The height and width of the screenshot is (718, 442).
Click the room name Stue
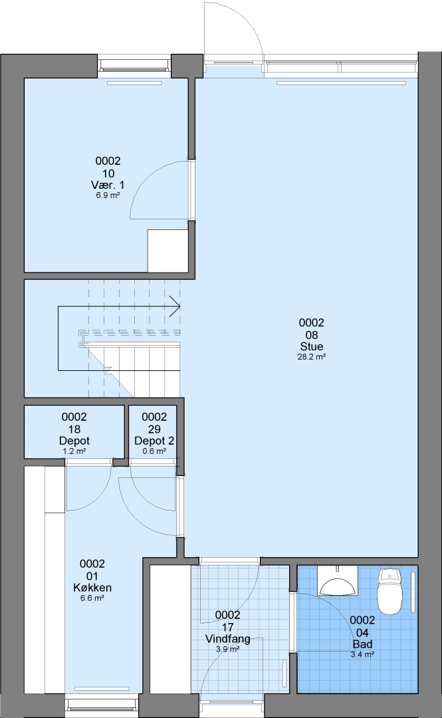pos(312,346)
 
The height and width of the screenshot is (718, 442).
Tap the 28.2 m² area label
pos(312,357)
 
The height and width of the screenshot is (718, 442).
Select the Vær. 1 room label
pos(108,185)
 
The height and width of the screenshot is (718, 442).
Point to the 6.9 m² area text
pos(108,195)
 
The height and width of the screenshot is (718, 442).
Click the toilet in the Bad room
pos(389,591)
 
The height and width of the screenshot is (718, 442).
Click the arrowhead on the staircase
pos(175,306)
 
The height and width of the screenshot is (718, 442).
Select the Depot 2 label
pos(154,441)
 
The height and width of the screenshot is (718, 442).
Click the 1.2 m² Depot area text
pos(74,451)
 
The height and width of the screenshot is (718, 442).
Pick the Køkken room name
pos(92,588)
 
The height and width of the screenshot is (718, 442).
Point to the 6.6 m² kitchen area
pos(92,598)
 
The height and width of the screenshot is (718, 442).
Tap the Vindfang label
pos(227,639)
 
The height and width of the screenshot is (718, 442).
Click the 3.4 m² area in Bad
pos(362,655)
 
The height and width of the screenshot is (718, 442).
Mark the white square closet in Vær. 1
pos(167,251)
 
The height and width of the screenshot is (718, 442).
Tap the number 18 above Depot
pos(74,429)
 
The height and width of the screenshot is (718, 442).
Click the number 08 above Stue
pos(312,334)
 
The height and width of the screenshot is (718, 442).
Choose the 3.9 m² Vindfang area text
pos(227,650)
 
